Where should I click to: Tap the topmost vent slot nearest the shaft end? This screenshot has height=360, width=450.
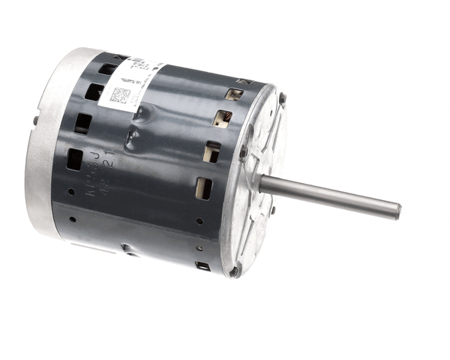(x=235, y=94)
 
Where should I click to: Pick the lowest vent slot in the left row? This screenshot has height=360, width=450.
(x=75, y=159)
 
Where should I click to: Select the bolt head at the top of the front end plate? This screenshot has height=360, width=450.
(x=282, y=97)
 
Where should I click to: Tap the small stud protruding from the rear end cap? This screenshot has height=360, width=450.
(x=35, y=119)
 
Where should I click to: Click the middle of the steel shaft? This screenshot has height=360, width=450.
(x=330, y=196)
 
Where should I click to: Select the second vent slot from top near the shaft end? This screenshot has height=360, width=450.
(x=223, y=118)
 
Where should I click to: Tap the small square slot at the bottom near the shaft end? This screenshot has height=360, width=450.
(x=202, y=265)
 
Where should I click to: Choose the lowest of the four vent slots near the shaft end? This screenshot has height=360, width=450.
(x=204, y=187)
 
